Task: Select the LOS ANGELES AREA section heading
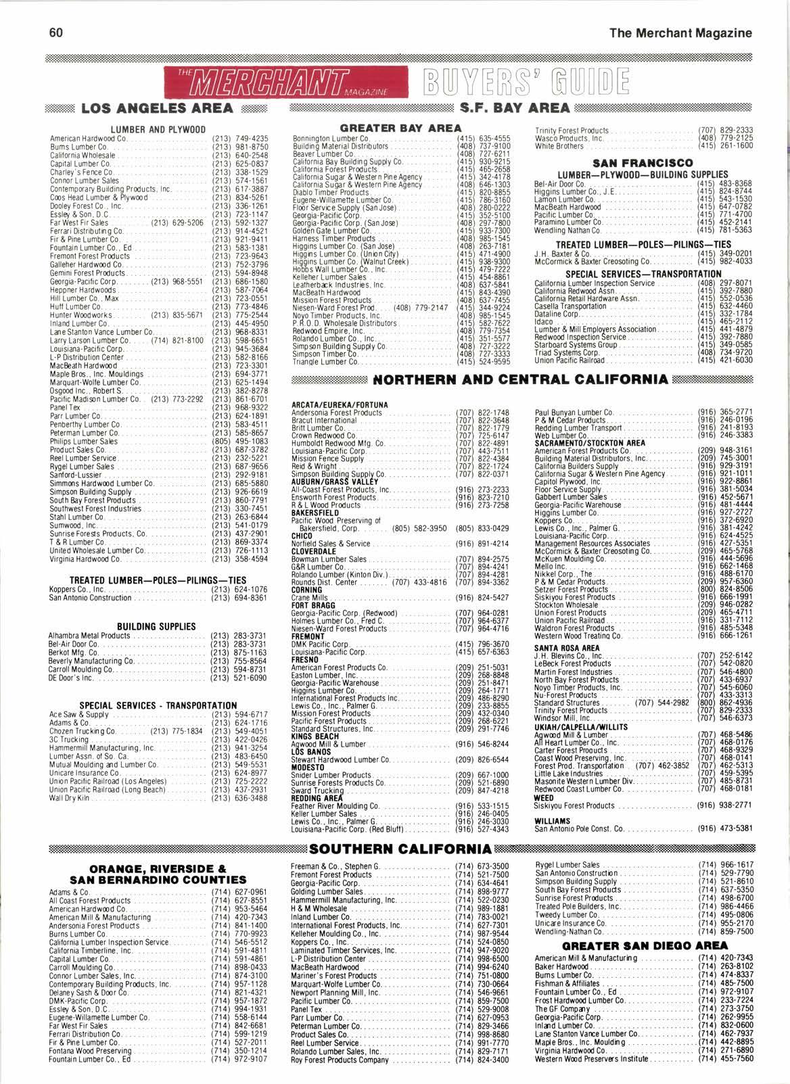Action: (x=158, y=109)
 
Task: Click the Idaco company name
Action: (x=543, y=321)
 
